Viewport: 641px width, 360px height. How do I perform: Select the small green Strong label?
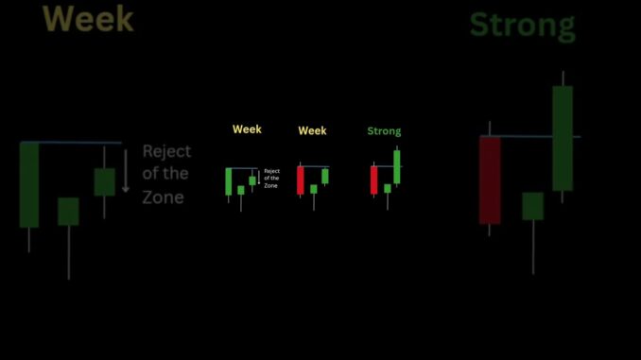tap(384, 131)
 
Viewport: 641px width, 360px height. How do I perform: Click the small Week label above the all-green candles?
tap(247, 129)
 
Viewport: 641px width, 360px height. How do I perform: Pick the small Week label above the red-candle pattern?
tap(312, 130)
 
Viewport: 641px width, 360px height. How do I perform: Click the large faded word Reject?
tap(166, 151)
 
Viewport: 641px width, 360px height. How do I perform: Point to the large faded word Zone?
tap(164, 197)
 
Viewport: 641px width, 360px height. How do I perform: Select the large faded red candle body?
tap(490, 180)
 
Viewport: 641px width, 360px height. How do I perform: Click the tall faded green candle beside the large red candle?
tap(563, 138)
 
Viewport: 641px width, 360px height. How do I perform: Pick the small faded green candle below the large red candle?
tap(533, 206)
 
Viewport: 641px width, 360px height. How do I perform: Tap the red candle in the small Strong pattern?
tap(373, 180)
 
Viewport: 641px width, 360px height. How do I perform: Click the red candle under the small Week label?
tap(301, 180)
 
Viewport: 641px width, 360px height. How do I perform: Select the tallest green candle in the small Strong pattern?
tap(397, 166)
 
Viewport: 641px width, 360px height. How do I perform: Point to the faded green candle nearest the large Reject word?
tap(104, 181)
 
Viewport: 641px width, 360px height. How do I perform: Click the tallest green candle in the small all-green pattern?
tap(229, 181)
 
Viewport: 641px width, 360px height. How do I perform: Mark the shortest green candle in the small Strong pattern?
tap(387, 189)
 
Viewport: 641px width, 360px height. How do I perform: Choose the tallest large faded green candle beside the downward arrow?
tap(29, 184)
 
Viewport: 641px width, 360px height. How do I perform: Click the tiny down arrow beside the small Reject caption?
tap(258, 177)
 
